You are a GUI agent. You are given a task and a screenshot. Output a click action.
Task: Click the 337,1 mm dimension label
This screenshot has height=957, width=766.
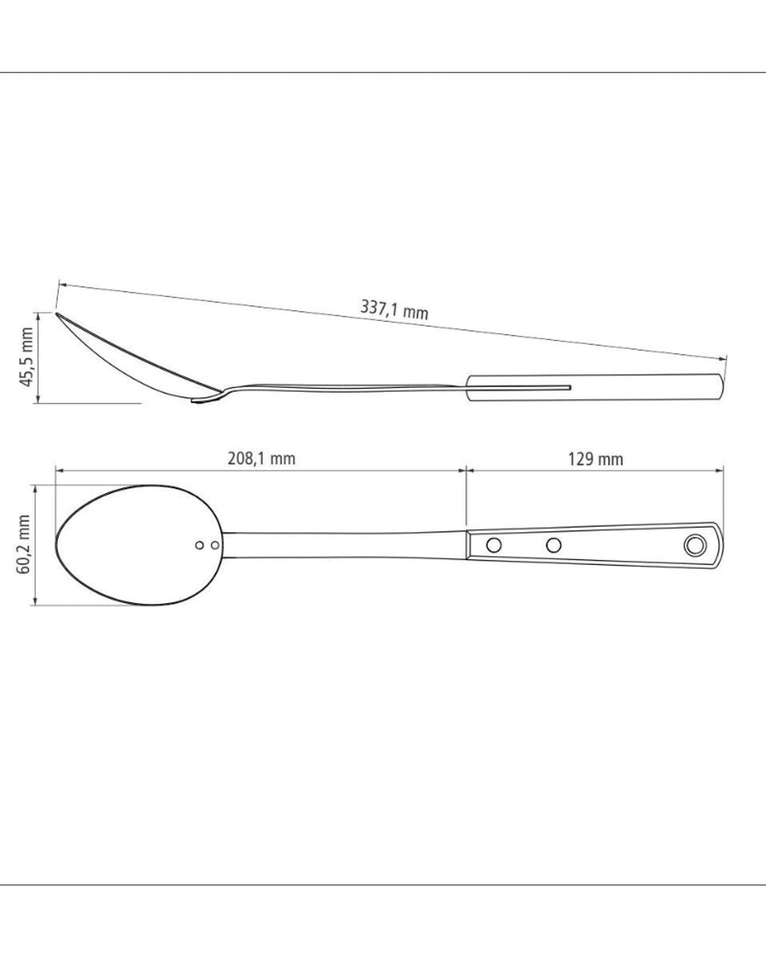click(394, 309)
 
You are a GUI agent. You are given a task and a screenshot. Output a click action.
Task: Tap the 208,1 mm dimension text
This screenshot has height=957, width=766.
click(261, 458)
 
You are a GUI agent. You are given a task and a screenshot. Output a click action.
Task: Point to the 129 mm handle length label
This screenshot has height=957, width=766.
click(595, 459)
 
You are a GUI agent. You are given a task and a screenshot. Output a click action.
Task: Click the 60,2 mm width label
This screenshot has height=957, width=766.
click(23, 544)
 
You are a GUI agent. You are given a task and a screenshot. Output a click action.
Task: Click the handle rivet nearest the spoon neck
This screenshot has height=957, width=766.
click(494, 544)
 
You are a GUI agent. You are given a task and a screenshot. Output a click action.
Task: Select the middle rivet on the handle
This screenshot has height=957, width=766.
click(554, 544)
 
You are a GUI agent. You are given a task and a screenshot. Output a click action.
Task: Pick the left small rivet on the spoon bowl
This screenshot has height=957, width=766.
click(200, 545)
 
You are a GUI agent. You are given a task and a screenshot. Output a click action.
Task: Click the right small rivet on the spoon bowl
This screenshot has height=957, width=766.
click(215, 545)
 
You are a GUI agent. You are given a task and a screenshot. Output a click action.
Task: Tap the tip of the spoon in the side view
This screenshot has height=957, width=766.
click(57, 314)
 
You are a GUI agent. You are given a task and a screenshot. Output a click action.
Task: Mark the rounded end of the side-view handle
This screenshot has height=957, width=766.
click(721, 387)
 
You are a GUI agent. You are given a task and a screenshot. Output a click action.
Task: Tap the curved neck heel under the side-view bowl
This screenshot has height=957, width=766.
click(207, 400)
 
